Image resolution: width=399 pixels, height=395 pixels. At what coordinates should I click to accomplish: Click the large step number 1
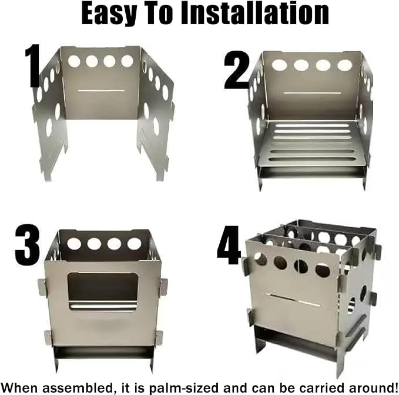pos(32,66)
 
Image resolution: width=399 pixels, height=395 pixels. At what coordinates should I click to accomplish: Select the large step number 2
pos(237,70)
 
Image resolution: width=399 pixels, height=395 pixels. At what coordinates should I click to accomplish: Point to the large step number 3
pos(27,245)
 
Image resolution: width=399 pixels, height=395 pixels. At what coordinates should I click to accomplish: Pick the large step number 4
pos(229,245)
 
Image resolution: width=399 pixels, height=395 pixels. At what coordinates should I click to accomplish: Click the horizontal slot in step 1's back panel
pos(101,91)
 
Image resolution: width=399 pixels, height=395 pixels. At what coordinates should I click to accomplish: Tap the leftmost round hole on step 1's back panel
pos(74,61)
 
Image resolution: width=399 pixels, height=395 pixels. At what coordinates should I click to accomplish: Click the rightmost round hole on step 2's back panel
pos(344,65)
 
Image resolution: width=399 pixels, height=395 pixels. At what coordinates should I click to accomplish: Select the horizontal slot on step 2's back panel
pos(312,93)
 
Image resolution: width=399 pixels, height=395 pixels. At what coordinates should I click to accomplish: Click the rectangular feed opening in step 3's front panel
pos(103,291)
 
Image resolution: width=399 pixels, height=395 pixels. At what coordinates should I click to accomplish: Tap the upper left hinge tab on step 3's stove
pos(42,287)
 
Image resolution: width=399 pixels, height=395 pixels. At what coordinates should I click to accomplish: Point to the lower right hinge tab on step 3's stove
pos(159,338)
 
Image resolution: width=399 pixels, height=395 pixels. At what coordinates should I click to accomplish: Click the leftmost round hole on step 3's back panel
pos(74,244)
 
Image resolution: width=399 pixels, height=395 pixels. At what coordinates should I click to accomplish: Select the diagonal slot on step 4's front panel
pos(293,300)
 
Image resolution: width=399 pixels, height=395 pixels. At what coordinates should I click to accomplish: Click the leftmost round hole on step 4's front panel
pos(260,258)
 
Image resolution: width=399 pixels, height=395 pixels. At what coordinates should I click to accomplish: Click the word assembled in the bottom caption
pos(78,388)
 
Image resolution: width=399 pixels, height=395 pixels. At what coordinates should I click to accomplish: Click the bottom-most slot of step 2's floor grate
pos(312,160)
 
